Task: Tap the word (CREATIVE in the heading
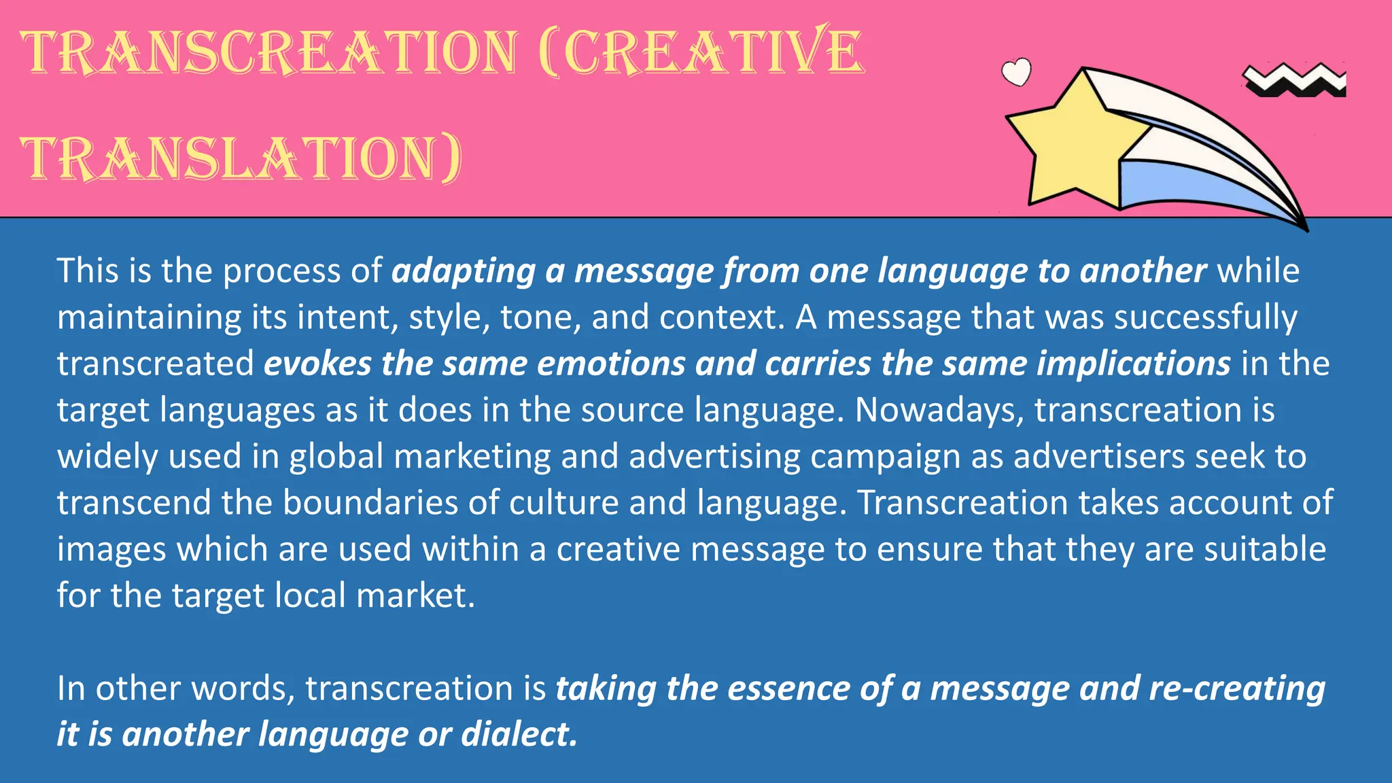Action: coord(700,52)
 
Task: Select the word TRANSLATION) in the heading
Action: coord(242,159)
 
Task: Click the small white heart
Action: coord(1017,72)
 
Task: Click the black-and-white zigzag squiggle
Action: coord(1295,81)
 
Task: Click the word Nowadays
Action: coord(939,410)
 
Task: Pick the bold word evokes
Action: coord(317,364)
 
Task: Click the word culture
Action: coord(563,503)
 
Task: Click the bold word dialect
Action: coord(519,735)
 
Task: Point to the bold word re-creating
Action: coord(1237,689)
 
